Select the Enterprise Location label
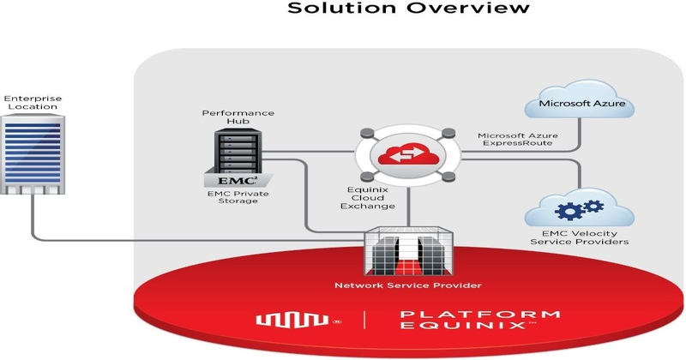(33, 104)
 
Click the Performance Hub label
(226, 118)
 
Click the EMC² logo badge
(238, 180)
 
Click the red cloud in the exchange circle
(407, 155)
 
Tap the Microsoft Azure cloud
(580, 105)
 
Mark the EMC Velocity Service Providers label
(580, 237)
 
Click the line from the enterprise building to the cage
(171, 239)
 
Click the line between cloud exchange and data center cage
(409, 206)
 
